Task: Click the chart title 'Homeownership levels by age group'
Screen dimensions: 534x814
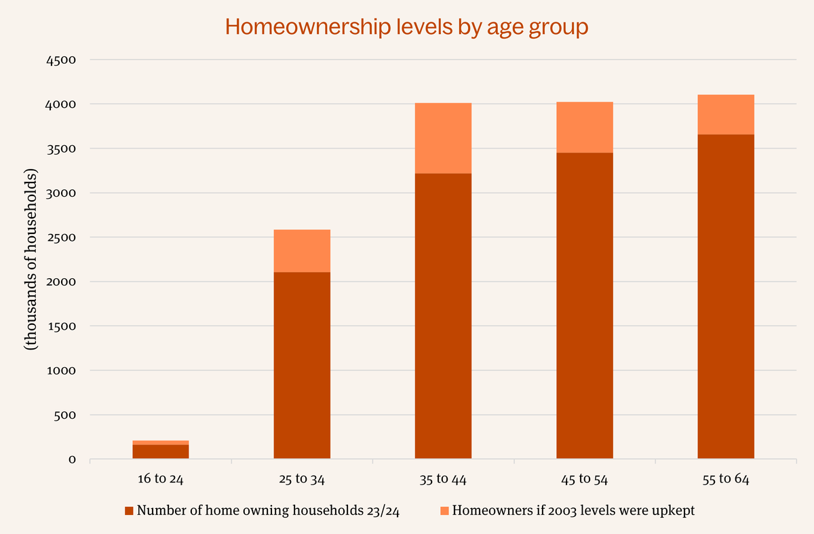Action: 406,27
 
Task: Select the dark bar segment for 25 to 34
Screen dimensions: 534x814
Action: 302,365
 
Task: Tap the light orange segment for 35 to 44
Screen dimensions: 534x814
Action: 443,138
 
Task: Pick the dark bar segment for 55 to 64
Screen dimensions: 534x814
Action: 726,297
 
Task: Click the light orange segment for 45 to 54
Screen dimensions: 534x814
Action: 585,127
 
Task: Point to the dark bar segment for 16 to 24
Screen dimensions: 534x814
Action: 161,451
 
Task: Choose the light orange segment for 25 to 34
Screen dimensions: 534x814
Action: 302,250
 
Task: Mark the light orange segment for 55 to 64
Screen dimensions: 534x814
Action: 726,114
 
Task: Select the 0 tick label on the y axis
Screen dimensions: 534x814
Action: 71,459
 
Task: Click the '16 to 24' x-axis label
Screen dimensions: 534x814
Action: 161,479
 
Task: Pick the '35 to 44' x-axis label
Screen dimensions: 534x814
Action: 443,479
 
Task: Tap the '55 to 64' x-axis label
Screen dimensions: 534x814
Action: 726,479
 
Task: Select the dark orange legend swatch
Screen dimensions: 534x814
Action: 129,510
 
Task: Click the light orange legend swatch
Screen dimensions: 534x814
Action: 444,510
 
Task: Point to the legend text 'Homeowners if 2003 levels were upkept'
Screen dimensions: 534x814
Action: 573,510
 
